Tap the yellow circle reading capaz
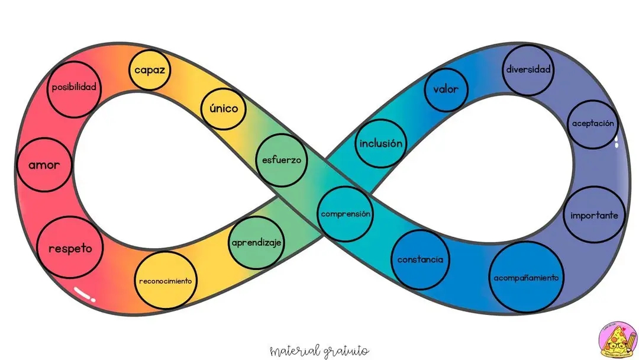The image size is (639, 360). (x=150, y=70)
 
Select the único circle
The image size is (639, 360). (x=223, y=108)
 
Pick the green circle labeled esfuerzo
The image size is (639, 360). (x=282, y=160)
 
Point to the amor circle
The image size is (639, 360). (x=44, y=165)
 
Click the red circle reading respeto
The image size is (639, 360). (x=70, y=247)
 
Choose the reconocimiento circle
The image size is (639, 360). (x=166, y=281)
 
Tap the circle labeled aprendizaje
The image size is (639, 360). (x=257, y=243)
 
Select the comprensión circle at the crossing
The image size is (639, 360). (x=346, y=214)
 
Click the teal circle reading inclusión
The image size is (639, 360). (x=381, y=143)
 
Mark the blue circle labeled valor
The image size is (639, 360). (x=446, y=90)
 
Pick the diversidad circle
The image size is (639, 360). (x=528, y=70)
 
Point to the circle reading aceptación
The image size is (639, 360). (x=592, y=124)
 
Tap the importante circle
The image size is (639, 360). (x=594, y=215)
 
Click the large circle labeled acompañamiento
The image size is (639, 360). (x=526, y=277)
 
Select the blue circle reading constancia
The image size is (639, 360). (x=420, y=259)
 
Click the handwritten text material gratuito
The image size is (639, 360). (x=319, y=351)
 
